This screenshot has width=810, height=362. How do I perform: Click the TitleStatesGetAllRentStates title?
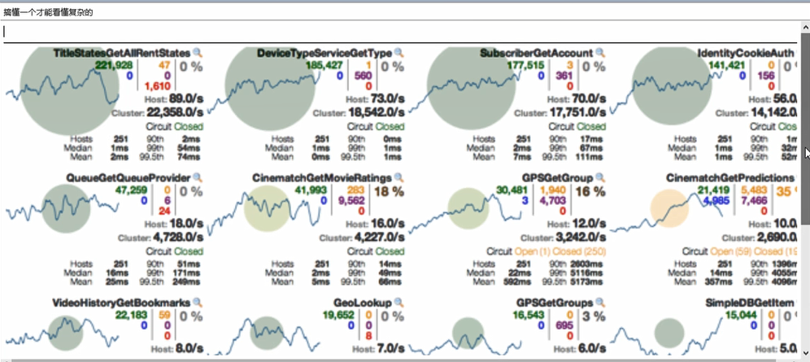point(121,53)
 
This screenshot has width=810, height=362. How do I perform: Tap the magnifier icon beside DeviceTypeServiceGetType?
point(399,53)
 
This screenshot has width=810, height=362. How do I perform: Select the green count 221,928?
point(114,65)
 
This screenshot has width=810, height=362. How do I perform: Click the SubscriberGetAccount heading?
point(537,53)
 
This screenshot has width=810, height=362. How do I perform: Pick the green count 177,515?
point(525,65)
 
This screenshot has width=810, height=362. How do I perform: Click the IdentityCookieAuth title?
point(746,53)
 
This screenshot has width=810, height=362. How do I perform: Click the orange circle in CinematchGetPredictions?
point(669,211)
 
